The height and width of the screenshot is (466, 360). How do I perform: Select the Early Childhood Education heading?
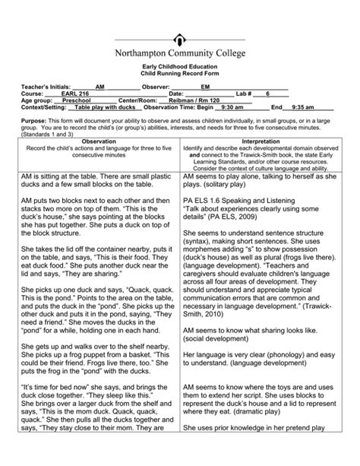coord(179,67)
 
